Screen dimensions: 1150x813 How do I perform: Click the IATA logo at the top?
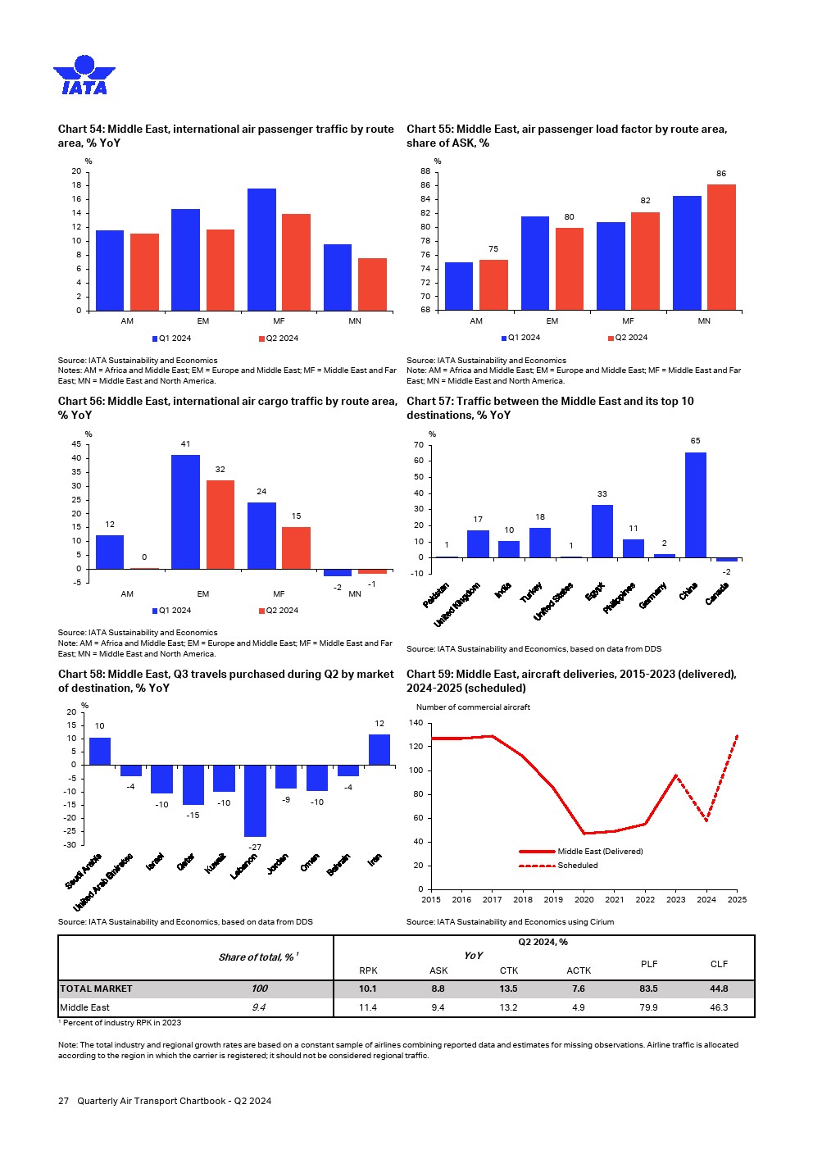[84, 75]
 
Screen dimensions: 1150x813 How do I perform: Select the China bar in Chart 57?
[695, 505]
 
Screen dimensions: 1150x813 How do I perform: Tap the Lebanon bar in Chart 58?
[255, 801]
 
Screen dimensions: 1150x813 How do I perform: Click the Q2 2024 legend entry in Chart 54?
[279, 339]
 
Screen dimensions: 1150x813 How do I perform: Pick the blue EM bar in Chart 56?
[185, 511]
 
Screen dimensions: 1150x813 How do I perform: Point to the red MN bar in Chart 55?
[721, 247]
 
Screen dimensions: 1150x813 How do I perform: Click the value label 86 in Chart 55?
[721, 174]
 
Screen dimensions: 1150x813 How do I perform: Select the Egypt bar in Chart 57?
[602, 531]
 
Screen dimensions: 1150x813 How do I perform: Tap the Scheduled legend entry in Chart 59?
[577, 866]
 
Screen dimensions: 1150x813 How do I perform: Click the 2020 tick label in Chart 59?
[584, 900]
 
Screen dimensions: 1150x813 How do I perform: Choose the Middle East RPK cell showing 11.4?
[368, 1007]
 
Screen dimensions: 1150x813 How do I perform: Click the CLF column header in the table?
[719, 964]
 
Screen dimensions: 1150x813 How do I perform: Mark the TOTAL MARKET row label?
[96, 989]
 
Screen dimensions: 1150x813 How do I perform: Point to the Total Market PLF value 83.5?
[648, 989]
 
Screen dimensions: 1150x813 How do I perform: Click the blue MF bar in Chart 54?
[261, 249]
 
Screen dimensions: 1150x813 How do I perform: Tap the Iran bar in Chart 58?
[379, 749]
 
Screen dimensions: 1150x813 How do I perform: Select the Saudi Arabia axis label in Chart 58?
[84, 871]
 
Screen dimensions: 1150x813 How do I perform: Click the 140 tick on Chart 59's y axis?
[416, 724]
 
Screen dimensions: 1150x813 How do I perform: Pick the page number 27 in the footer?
[63, 1101]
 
